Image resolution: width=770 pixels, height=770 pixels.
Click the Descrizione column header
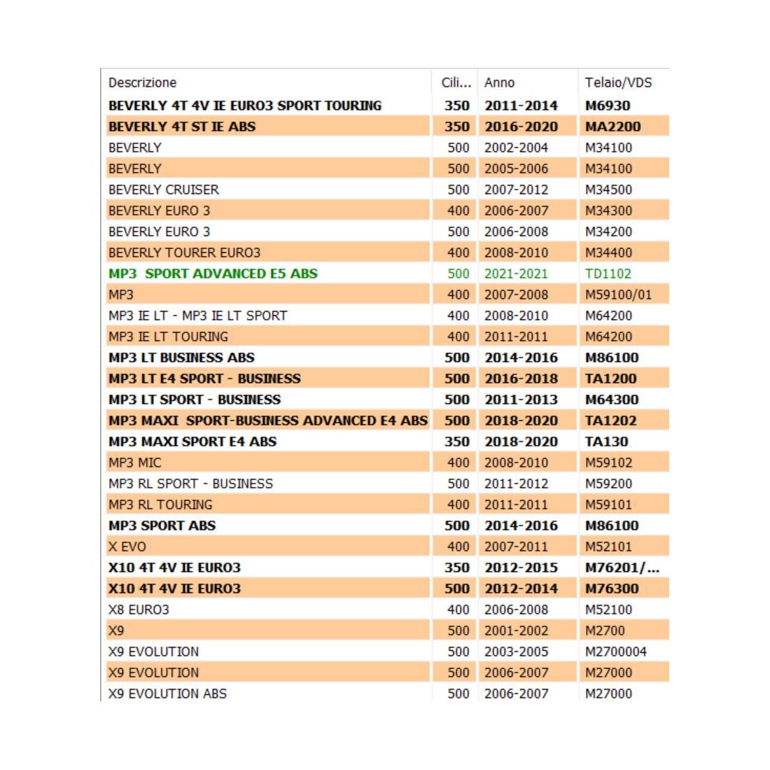[x=142, y=83]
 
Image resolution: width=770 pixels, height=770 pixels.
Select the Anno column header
[x=499, y=83]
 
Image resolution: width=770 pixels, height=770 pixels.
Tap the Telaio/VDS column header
[x=618, y=83]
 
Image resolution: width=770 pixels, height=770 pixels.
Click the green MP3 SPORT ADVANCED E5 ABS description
[x=213, y=274]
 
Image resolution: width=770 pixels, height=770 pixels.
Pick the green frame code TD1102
[x=608, y=274]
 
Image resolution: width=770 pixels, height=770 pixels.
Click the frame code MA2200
[x=612, y=127]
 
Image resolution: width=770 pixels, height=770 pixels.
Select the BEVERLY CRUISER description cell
[x=163, y=190]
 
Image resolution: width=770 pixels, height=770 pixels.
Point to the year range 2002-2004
[x=516, y=148]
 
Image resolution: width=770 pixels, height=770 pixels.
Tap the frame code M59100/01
[x=618, y=295]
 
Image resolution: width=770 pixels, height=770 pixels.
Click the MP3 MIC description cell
[x=134, y=463]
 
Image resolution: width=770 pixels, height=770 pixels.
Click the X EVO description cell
[x=127, y=547]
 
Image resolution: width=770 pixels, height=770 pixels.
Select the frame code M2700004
[x=615, y=652]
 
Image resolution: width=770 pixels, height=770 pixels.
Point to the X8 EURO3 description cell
[x=139, y=610]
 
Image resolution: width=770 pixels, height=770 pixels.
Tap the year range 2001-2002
[x=516, y=631]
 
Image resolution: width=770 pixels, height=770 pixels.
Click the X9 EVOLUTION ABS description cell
[x=167, y=694]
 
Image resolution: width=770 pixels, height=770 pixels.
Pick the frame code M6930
[x=607, y=106]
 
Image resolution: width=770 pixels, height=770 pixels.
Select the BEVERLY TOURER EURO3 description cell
[x=184, y=253]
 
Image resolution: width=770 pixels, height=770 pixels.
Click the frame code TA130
[x=606, y=442]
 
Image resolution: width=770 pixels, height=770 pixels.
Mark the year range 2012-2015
[x=521, y=568]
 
